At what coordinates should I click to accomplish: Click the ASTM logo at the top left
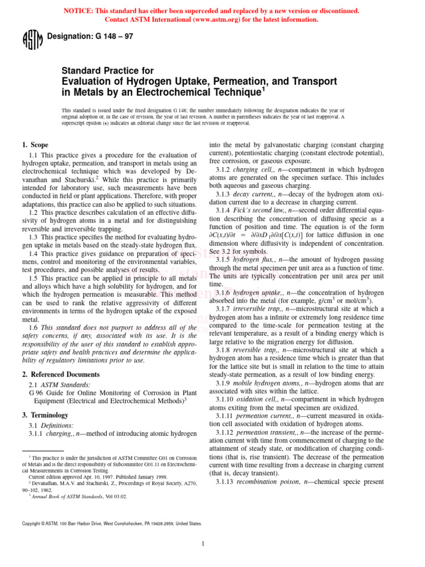point(32,40)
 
